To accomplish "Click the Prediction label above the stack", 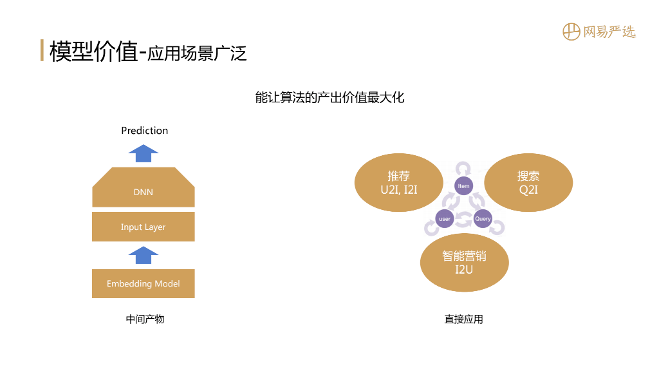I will pyautogui.click(x=144, y=131).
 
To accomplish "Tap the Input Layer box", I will pyautogui.click(x=143, y=227).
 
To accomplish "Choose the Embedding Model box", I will pyautogui.click(x=143, y=283).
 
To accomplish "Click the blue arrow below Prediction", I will pyautogui.click(x=143, y=153).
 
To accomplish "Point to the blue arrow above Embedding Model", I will pyautogui.click(x=143, y=255).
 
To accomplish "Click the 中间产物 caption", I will pyautogui.click(x=145, y=319).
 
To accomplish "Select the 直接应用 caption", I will pyautogui.click(x=463, y=319).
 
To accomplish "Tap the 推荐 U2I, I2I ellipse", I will pyautogui.click(x=399, y=183).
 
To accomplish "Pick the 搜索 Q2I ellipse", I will pyautogui.click(x=528, y=183).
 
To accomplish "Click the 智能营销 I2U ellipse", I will pyautogui.click(x=464, y=263).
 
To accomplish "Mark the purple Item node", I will pyautogui.click(x=463, y=186).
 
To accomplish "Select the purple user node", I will pyautogui.click(x=445, y=219).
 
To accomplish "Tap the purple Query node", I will pyautogui.click(x=483, y=219).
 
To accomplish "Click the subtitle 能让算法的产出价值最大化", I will pyautogui.click(x=329, y=98).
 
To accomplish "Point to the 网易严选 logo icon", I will pyautogui.click(x=571, y=32).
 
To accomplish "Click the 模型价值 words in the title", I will pyautogui.click(x=93, y=52).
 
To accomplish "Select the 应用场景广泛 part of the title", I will pyautogui.click(x=197, y=53).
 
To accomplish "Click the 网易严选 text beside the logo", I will pyautogui.click(x=609, y=32).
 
